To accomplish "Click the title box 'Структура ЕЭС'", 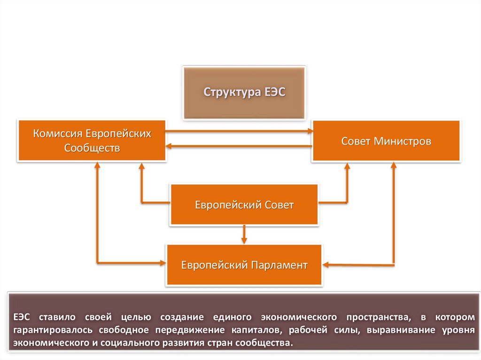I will pos(244,92).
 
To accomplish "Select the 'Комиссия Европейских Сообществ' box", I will pos(92,141).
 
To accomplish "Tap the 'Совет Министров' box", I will pos(386,141).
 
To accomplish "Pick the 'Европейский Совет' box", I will pos(244,205).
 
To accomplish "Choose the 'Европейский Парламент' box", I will pos(244,265).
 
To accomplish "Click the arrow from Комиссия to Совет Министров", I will pos(240,131).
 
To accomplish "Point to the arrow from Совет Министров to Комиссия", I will pos(240,146).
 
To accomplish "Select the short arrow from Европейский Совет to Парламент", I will pos(244,234).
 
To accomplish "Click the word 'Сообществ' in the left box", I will pos(92,148).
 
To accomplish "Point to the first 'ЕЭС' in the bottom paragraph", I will pos(23,317).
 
